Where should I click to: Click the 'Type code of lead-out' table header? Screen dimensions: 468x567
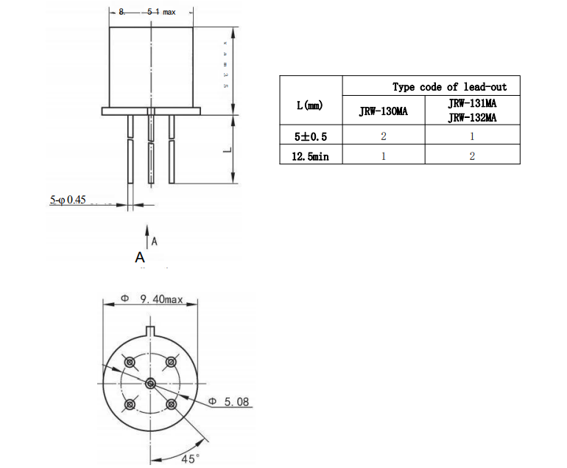click(449, 87)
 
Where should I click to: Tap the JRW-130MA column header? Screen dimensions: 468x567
click(383, 112)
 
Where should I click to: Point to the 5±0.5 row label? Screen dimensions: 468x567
click(310, 136)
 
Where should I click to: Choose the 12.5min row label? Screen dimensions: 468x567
click(310, 156)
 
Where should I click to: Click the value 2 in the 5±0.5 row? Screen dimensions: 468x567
click(383, 136)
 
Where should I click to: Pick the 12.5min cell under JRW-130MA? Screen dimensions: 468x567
click(383, 156)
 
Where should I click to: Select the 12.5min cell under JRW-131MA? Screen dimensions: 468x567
click(472, 156)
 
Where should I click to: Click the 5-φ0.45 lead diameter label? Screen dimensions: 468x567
click(68, 200)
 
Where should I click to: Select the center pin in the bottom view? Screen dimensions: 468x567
click(150, 383)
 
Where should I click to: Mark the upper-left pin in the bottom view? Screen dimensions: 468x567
click(130, 362)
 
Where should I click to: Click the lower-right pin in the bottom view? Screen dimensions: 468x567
click(172, 404)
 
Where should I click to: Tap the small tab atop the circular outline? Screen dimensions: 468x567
click(150, 330)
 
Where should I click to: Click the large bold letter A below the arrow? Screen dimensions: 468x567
click(140, 257)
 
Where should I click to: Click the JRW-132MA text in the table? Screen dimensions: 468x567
click(472, 118)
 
